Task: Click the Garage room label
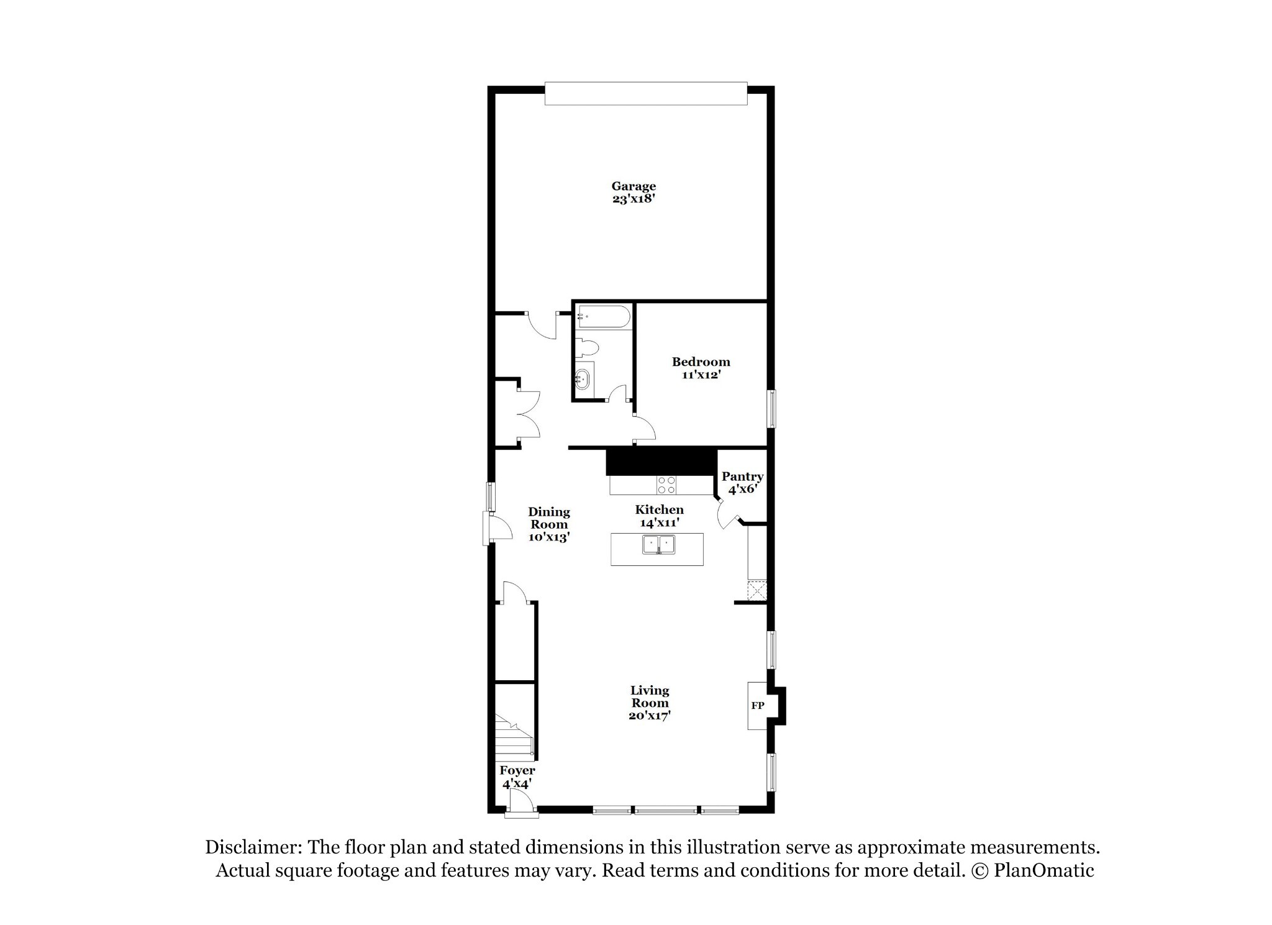(x=634, y=186)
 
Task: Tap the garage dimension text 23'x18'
(x=634, y=199)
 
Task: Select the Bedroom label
(x=701, y=362)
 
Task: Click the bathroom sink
(x=584, y=378)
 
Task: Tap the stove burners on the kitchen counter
(x=666, y=485)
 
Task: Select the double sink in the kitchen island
(x=658, y=544)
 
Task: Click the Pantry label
(x=742, y=476)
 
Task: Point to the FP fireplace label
(x=757, y=706)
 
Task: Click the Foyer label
(x=517, y=771)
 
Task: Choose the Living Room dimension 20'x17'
(x=650, y=716)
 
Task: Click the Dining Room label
(x=549, y=518)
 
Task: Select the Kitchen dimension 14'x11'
(x=659, y=523)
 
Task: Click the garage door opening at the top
(x=646, y=93)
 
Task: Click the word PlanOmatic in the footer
(x=1044, y=870)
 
